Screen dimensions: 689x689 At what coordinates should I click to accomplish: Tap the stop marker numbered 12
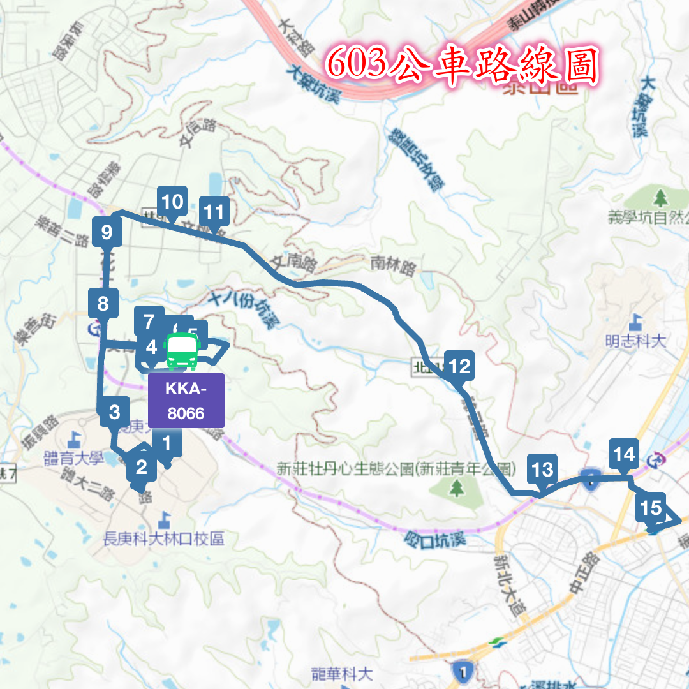[x=459, y=367]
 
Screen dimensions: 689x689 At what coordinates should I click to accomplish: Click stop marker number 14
[x=624, y=454]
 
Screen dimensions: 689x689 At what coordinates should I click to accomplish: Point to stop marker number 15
[x=651, y=508]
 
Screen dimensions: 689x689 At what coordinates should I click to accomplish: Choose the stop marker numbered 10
[x=172, y=202]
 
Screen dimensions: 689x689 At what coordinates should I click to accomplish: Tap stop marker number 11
[x=214, y=211]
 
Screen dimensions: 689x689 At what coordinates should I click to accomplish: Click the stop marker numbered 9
[x=107, y=232]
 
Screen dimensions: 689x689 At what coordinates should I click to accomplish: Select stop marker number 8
[x=103, y=304]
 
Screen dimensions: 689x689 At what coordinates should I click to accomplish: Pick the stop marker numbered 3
[x=115, y=412]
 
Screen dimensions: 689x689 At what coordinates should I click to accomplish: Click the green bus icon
[x=182, y=350]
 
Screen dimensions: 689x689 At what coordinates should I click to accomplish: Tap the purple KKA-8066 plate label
[x=186, y=400]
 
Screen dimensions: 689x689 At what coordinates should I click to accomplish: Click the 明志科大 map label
[x=635, y=341]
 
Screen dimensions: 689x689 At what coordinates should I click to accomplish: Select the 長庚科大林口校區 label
[x=164, y=539]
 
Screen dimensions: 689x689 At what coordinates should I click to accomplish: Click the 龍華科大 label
[x=341, y=673]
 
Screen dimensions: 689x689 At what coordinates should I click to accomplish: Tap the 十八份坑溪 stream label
[x=244, y=309]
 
